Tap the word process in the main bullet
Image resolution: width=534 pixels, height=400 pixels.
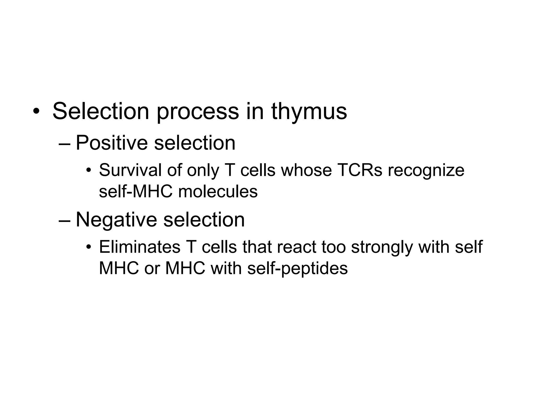[x=198, y=112]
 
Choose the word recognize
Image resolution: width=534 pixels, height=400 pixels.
[x=426, y=171]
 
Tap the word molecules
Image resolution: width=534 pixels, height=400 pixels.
[x=218, y=192]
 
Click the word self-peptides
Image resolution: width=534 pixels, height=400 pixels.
[x=298, y=269]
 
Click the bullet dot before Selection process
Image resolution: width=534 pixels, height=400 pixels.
[x=36, y=112]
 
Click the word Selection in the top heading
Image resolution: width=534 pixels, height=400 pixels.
[x=101, y=111]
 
